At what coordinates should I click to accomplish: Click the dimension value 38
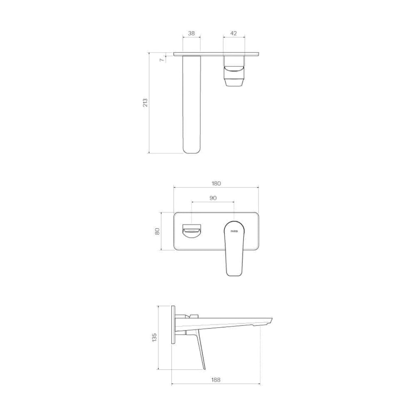191,33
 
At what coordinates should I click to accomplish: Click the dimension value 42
234,33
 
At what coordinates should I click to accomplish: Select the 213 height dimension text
145,102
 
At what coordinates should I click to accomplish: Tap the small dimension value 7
162,60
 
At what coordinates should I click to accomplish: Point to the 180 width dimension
216,183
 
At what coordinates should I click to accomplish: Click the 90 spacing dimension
213,198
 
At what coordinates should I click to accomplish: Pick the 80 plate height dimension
157,231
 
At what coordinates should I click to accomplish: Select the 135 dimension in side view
154,337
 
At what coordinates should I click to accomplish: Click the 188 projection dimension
216,380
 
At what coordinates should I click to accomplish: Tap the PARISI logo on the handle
234,231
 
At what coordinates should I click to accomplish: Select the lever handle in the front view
234,252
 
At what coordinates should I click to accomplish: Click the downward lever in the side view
201,351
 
